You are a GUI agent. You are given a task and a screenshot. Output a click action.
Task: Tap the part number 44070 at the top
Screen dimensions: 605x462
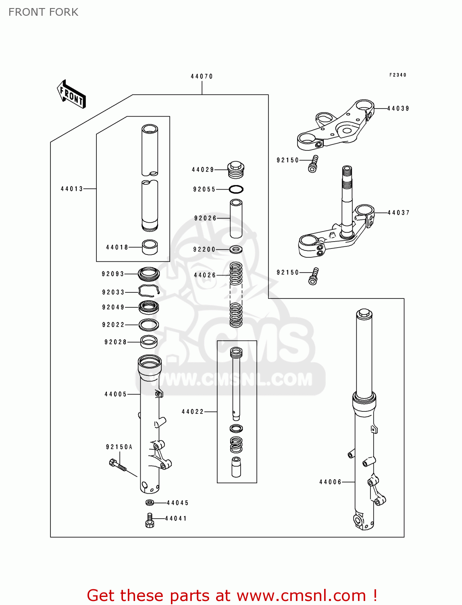point(202,76)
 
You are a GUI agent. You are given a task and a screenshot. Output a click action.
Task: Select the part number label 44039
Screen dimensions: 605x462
point(398,108)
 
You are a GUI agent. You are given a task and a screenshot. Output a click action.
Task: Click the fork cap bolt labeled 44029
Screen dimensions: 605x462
point(236,169)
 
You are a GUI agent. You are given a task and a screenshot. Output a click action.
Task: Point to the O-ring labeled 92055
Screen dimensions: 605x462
point(236,189)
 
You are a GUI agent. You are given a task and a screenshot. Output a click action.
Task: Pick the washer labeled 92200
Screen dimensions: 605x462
point(236,250)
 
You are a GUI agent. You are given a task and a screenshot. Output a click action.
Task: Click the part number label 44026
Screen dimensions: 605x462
point(205,275)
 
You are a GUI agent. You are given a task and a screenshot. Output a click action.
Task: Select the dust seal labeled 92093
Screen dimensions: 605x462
point(149,274)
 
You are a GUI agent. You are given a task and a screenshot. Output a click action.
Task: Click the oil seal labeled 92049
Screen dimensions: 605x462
point(149,307)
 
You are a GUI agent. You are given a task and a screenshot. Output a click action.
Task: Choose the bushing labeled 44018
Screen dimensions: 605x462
point(150,247)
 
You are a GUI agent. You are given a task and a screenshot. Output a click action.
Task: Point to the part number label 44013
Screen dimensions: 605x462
point(72,189)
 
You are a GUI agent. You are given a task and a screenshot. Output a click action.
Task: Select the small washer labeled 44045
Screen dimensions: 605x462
point(150,503)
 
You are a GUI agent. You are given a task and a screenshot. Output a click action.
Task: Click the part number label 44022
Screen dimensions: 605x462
point(193,412)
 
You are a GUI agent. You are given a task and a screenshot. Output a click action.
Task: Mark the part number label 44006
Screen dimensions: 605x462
point(330,482)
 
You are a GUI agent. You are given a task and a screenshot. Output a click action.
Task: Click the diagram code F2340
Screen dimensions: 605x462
point(397,75)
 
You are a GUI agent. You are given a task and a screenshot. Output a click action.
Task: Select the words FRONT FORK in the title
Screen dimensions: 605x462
point(44,12)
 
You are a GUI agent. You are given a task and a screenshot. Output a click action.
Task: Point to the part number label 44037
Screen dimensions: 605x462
point(398,213)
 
